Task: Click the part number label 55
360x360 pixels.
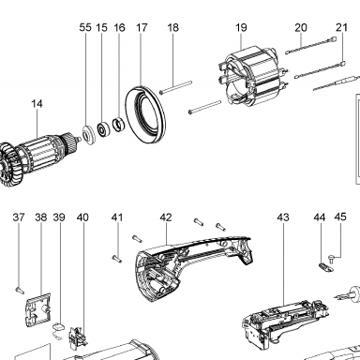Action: pos(85,27)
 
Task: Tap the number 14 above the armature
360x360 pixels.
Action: pos(37,104)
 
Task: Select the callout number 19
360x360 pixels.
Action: pos(241,27)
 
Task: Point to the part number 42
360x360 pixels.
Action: pos(166,217)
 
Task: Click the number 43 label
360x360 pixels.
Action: pos(283,217)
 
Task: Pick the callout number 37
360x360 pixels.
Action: pos(19,217)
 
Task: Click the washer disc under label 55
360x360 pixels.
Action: pos(88,134)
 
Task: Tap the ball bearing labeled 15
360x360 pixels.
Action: pos(103,128)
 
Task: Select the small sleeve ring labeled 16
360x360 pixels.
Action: pos(119,124)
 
